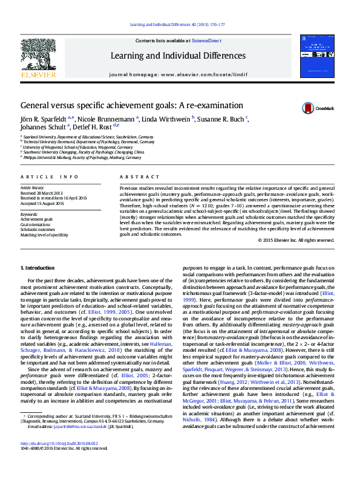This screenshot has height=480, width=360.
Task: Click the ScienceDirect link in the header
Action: click(206, 41)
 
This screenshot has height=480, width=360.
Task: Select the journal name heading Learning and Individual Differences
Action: click(178, 56)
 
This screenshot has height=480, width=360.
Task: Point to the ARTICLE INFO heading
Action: click(50, 177)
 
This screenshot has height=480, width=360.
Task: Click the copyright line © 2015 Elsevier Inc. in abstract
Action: click(296, 240)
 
